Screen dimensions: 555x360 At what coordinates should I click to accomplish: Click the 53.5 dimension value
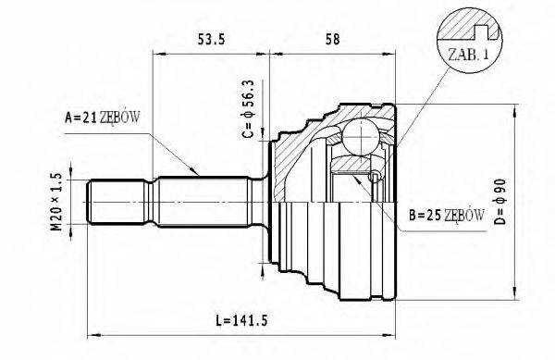pos(211,39)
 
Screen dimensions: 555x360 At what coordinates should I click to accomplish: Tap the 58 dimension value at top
pos(332,39)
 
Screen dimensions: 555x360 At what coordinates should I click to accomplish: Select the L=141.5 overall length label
pos(242,321)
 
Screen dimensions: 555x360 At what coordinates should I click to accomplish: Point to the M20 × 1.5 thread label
pos(56,202)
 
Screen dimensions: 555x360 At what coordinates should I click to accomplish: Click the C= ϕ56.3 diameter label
pos(248,108)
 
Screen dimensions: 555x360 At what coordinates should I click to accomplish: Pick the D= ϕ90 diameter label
pos(499,202)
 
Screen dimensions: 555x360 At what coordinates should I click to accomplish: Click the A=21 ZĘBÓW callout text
pos(103,118)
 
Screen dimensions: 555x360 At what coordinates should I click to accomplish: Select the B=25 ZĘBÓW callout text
pos(447,215)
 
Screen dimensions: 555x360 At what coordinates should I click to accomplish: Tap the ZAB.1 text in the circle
pos(469,55)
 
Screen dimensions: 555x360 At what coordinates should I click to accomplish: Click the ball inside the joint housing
pos(361,137)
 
